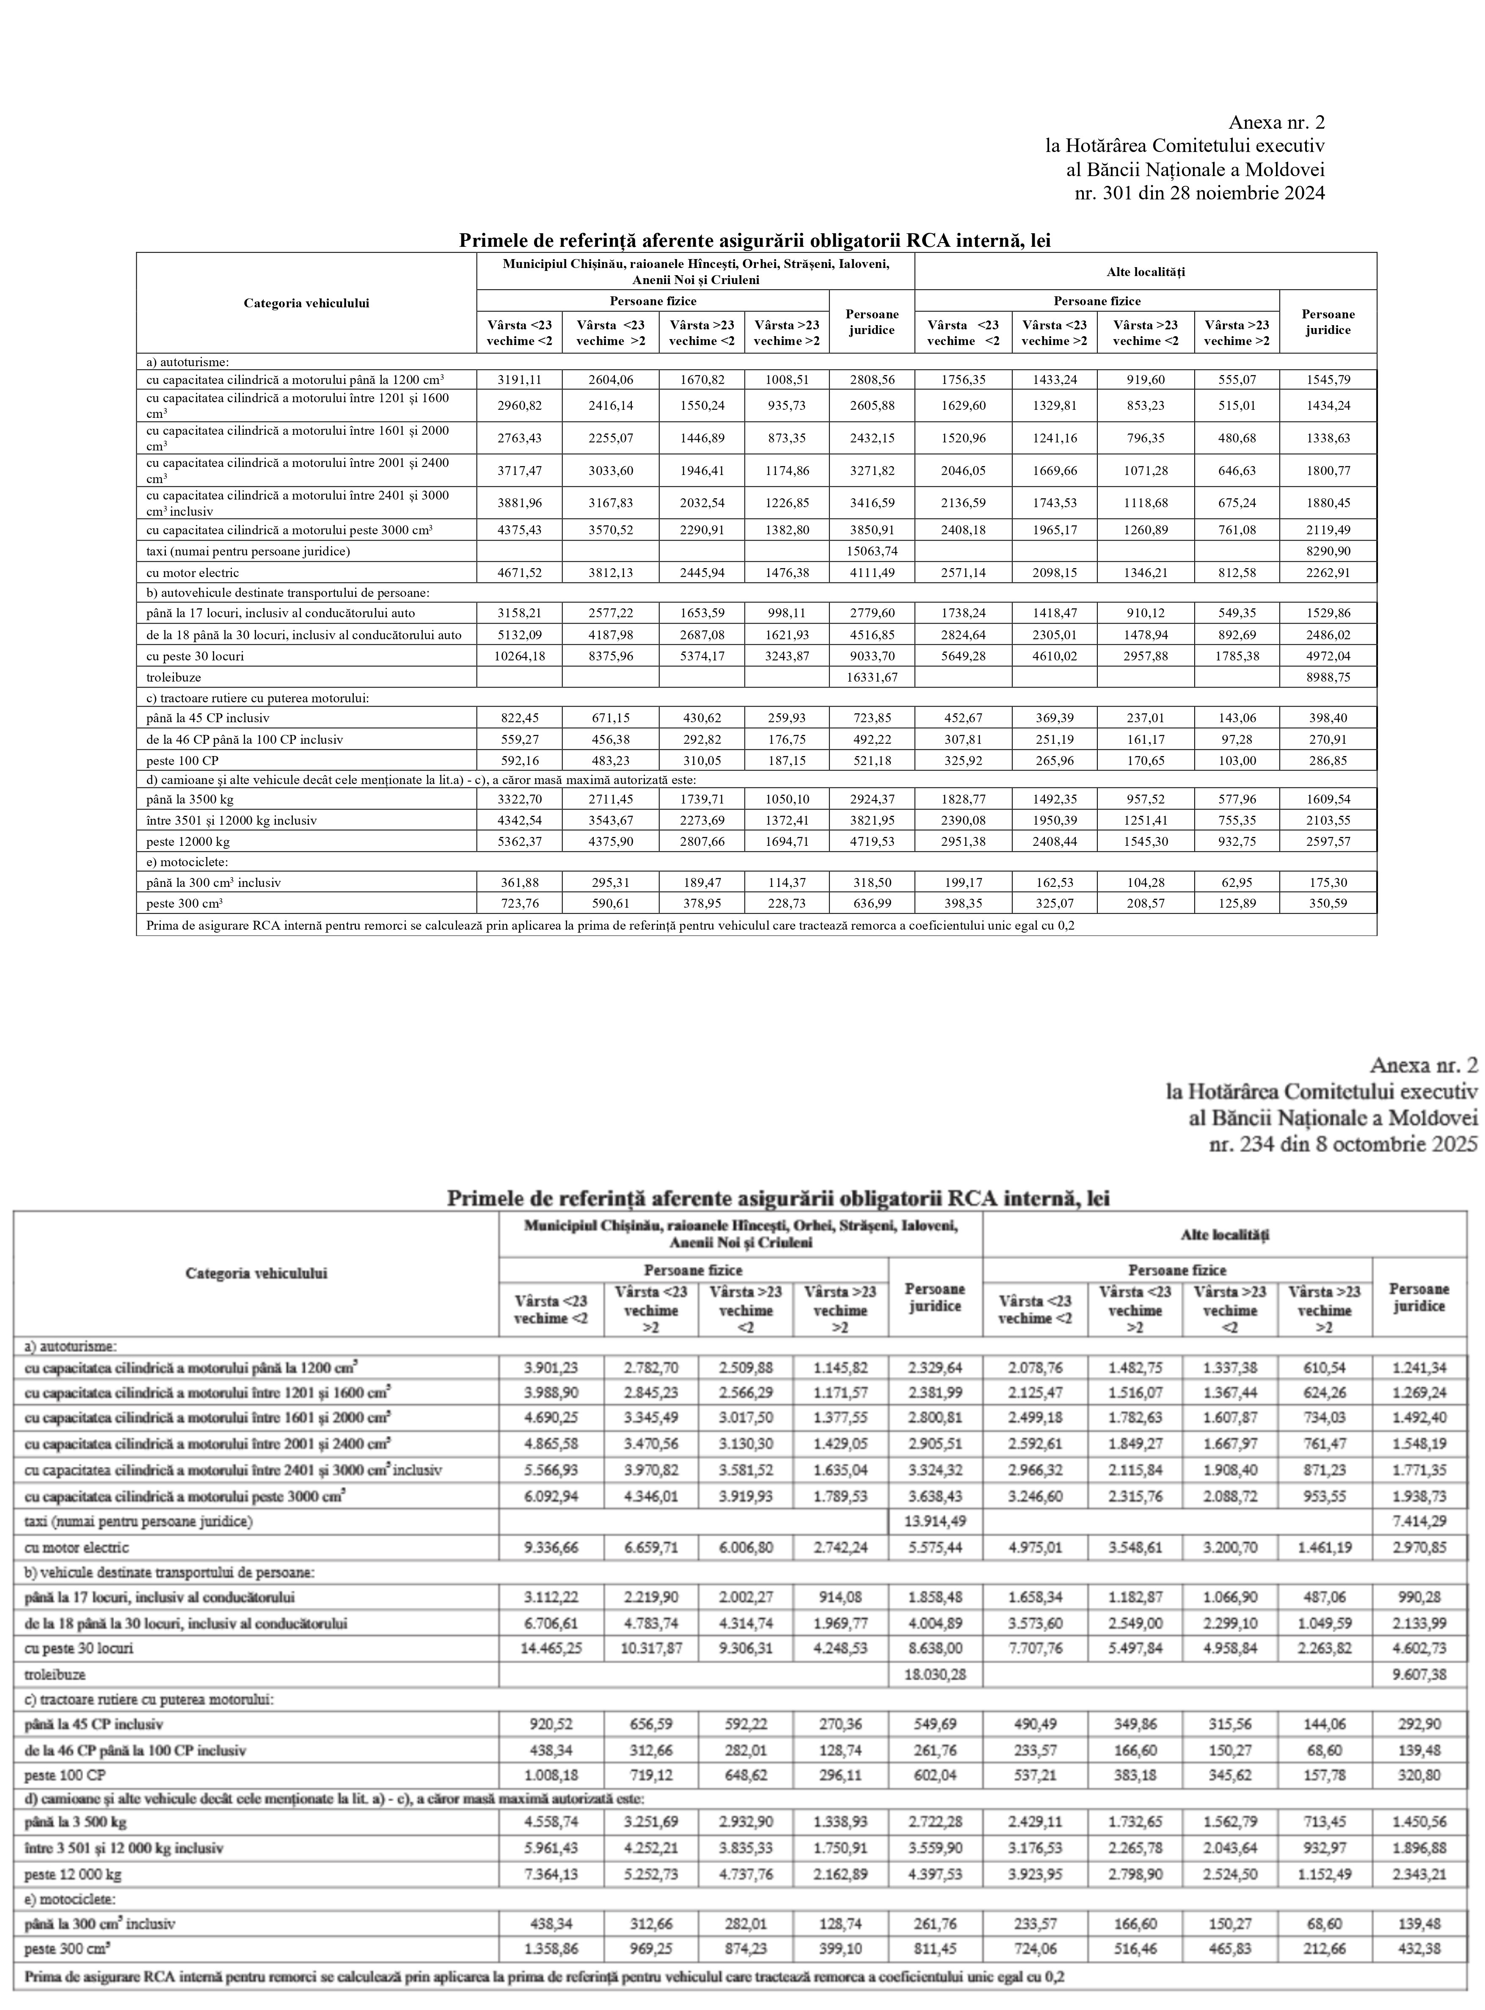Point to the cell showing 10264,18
pos(520,656)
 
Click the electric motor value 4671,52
pos(520,572)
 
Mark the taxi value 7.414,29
pos(1419,1521)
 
